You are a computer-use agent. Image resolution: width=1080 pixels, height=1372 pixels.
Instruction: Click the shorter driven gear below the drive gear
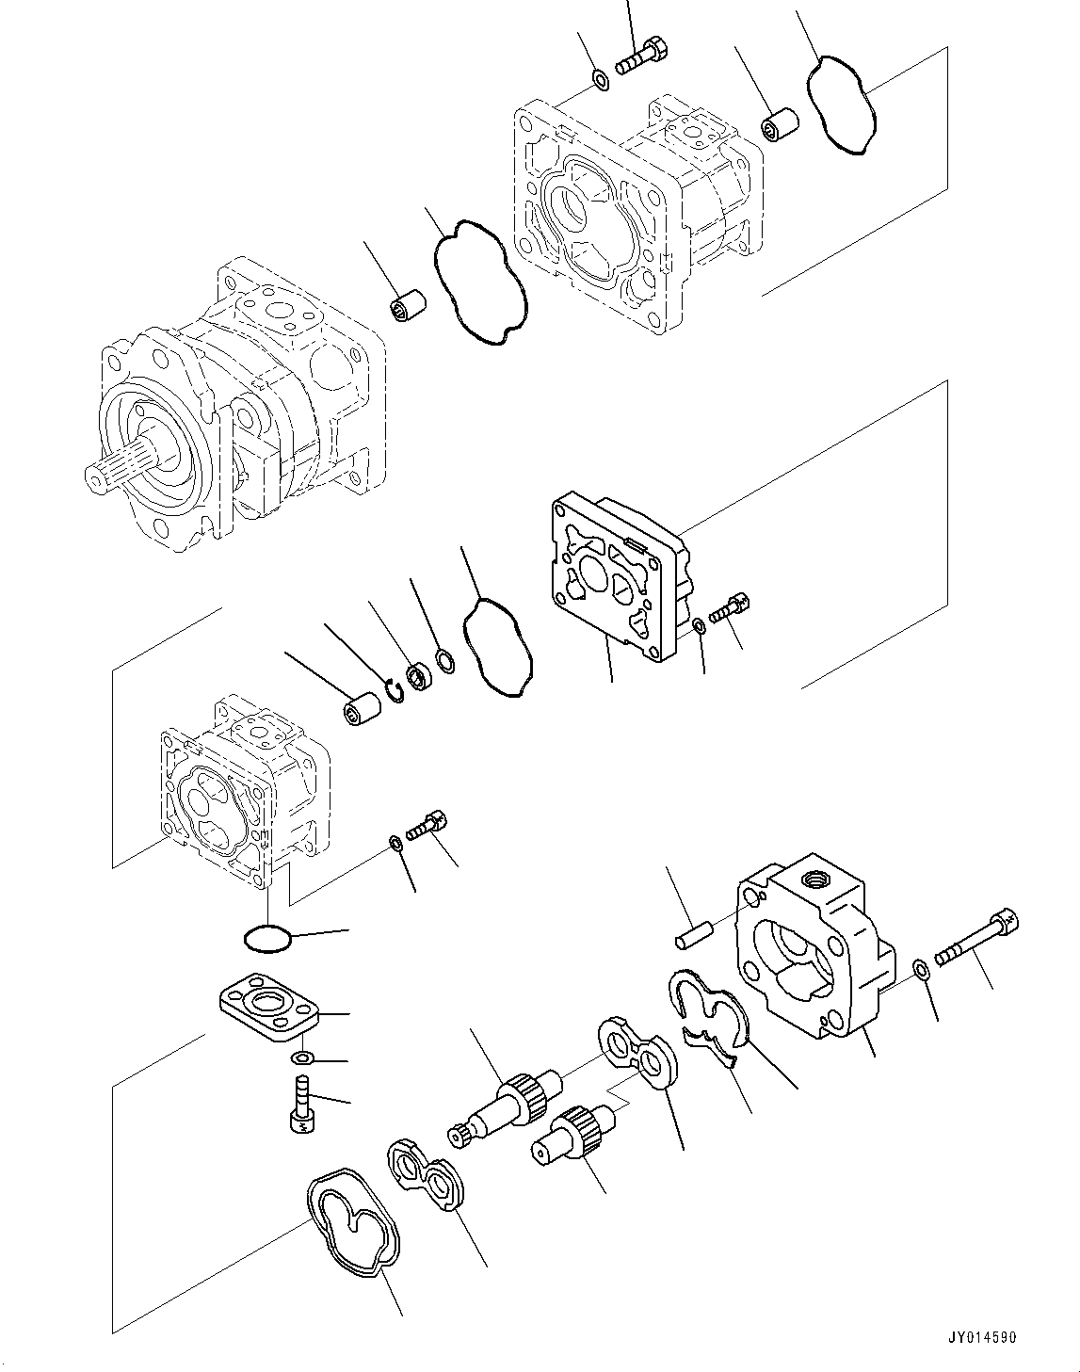pos(572,1130)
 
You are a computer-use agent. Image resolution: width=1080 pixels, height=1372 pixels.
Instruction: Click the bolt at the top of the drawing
pos(644,55)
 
